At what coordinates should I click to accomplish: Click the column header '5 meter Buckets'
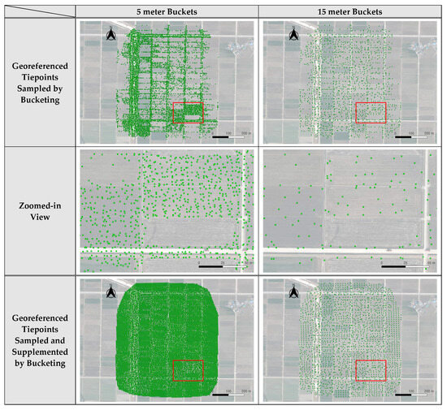coord(167,11)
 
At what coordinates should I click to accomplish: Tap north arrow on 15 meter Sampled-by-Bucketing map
coord(293,34)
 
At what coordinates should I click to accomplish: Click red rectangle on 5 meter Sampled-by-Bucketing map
coord(188,113)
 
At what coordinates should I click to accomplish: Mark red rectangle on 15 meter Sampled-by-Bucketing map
coord(371,113)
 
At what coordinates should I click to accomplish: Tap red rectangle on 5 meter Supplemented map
coord(188,369)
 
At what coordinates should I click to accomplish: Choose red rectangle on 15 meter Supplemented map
coord(371,369)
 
